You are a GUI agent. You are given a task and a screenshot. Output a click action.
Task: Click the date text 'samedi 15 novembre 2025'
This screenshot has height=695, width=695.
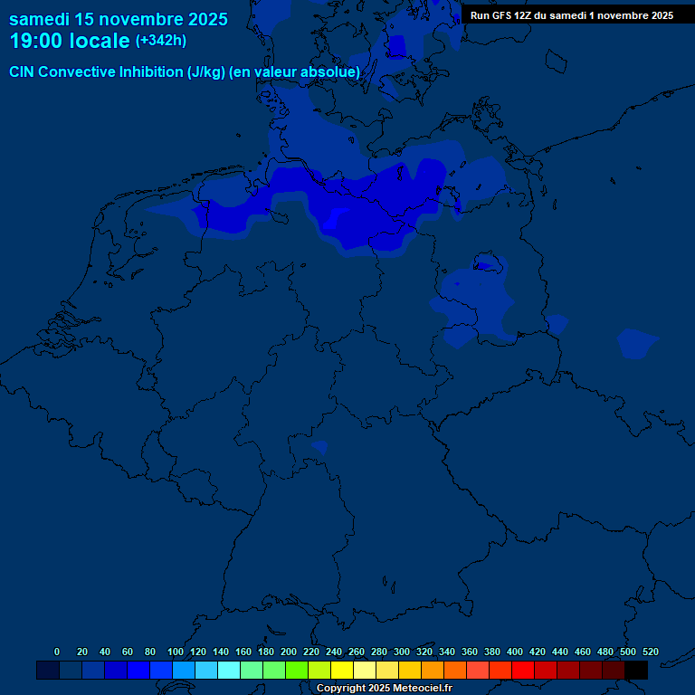point(119,19)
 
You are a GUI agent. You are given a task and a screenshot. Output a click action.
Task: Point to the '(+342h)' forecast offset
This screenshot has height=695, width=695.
point(161,41)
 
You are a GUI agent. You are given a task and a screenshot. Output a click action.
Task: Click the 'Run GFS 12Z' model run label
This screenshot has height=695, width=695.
point(500,15)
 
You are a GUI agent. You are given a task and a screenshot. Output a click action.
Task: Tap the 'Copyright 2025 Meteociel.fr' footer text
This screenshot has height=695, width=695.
point(384,688)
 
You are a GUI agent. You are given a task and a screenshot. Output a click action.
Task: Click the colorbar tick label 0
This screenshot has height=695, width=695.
point(57,652)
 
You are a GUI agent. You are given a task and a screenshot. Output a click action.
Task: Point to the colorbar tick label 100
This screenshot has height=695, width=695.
point(176,652)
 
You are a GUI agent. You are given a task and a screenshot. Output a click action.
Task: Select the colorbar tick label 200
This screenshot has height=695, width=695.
point(289,652)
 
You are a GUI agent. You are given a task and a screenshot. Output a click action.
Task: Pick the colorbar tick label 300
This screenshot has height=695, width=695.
point(402,652)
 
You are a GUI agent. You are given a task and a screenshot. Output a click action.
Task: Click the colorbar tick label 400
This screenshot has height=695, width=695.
point(515,652)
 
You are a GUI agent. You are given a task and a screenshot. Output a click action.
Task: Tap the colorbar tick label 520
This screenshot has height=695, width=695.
point(651,652)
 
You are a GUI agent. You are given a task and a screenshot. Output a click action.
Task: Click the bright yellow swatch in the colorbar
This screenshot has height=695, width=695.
point(342,670)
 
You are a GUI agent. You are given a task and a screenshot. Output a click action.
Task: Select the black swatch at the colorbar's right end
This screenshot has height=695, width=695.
point(636,670)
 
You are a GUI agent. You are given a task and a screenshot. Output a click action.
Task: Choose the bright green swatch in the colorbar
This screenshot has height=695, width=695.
point(297,670)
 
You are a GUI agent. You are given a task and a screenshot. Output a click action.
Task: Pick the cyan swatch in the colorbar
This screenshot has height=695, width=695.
point(229,670)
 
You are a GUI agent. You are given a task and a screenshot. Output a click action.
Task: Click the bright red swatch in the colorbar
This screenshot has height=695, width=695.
point(523,670)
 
